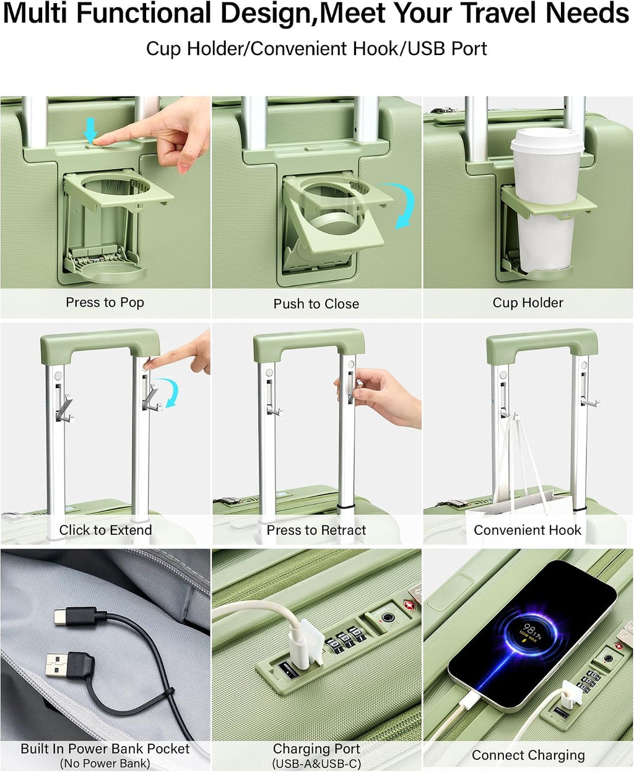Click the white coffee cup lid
pyautogui.click(x=547, y=139)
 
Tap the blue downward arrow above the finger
pyautogui.click(x=91, y=130)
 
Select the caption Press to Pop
pyautogui.click(x=105, y=302)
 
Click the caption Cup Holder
pyautogui.click(x=528, y=302)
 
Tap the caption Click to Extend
pyautogui.click(x=105, y=530)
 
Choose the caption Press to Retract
pyautogui.click(x=316, y=530)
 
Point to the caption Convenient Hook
pyautogui.click(x=528, y=530)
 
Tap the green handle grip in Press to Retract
pyautogui.click(x=309, y=341)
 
